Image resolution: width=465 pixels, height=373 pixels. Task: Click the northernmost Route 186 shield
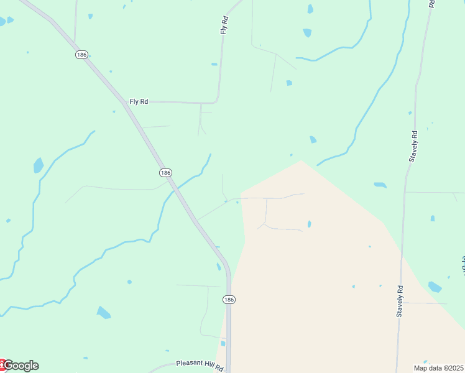click(81, 55)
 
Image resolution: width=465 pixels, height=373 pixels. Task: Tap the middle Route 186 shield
click(165, 172)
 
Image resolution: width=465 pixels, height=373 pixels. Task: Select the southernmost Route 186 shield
click(229, 300)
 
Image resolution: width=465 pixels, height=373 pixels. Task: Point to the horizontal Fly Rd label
click(139, 101)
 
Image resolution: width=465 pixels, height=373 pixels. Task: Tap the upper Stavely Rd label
click(413, 146)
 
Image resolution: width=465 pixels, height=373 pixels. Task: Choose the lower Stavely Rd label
click(400, 302)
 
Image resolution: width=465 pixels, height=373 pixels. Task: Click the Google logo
click(21, 366)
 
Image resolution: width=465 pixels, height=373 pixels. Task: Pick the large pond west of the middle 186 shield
click(39, 165)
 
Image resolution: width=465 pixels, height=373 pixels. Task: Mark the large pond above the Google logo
click(103, 312)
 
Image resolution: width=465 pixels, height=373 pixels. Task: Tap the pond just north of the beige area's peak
click(313, 140)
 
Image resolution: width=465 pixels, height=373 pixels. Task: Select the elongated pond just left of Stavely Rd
click(380, 185)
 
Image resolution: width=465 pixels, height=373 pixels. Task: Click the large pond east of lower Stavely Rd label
click(435, 287)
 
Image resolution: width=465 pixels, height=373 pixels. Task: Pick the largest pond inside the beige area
click(309, 224)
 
